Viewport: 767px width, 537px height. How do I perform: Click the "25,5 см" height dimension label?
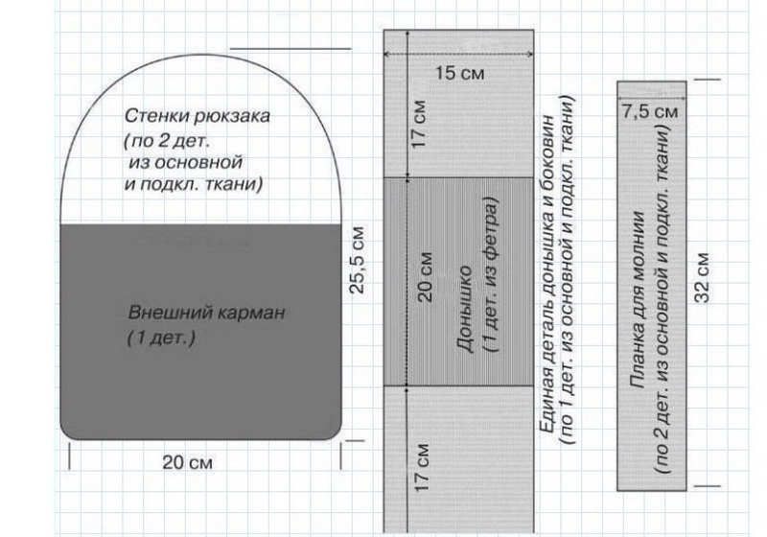[x=358, y=260]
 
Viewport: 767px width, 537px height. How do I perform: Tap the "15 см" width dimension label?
[x=459, y=74]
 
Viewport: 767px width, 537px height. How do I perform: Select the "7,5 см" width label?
[x=650, y=111]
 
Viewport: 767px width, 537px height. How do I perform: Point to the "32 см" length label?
[x=702, y=277]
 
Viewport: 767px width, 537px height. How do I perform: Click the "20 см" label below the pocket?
[x=187, y=462]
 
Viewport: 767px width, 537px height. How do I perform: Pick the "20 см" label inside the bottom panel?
[x=425, y=276]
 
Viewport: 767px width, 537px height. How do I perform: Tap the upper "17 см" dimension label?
[x=419, y=125]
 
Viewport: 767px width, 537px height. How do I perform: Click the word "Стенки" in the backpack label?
[x=157, y=116]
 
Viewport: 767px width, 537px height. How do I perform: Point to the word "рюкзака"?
[x=232, y=117]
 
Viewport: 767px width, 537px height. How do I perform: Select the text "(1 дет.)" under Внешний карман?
[x=161, y=339]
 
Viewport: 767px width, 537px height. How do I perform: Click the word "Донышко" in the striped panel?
[x=465, y=309]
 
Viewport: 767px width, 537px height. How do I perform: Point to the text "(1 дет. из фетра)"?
[x=491, y=275]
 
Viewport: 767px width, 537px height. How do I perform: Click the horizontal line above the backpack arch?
[x=291, y=49]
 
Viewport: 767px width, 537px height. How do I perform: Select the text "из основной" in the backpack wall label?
[x=186, y=162]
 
